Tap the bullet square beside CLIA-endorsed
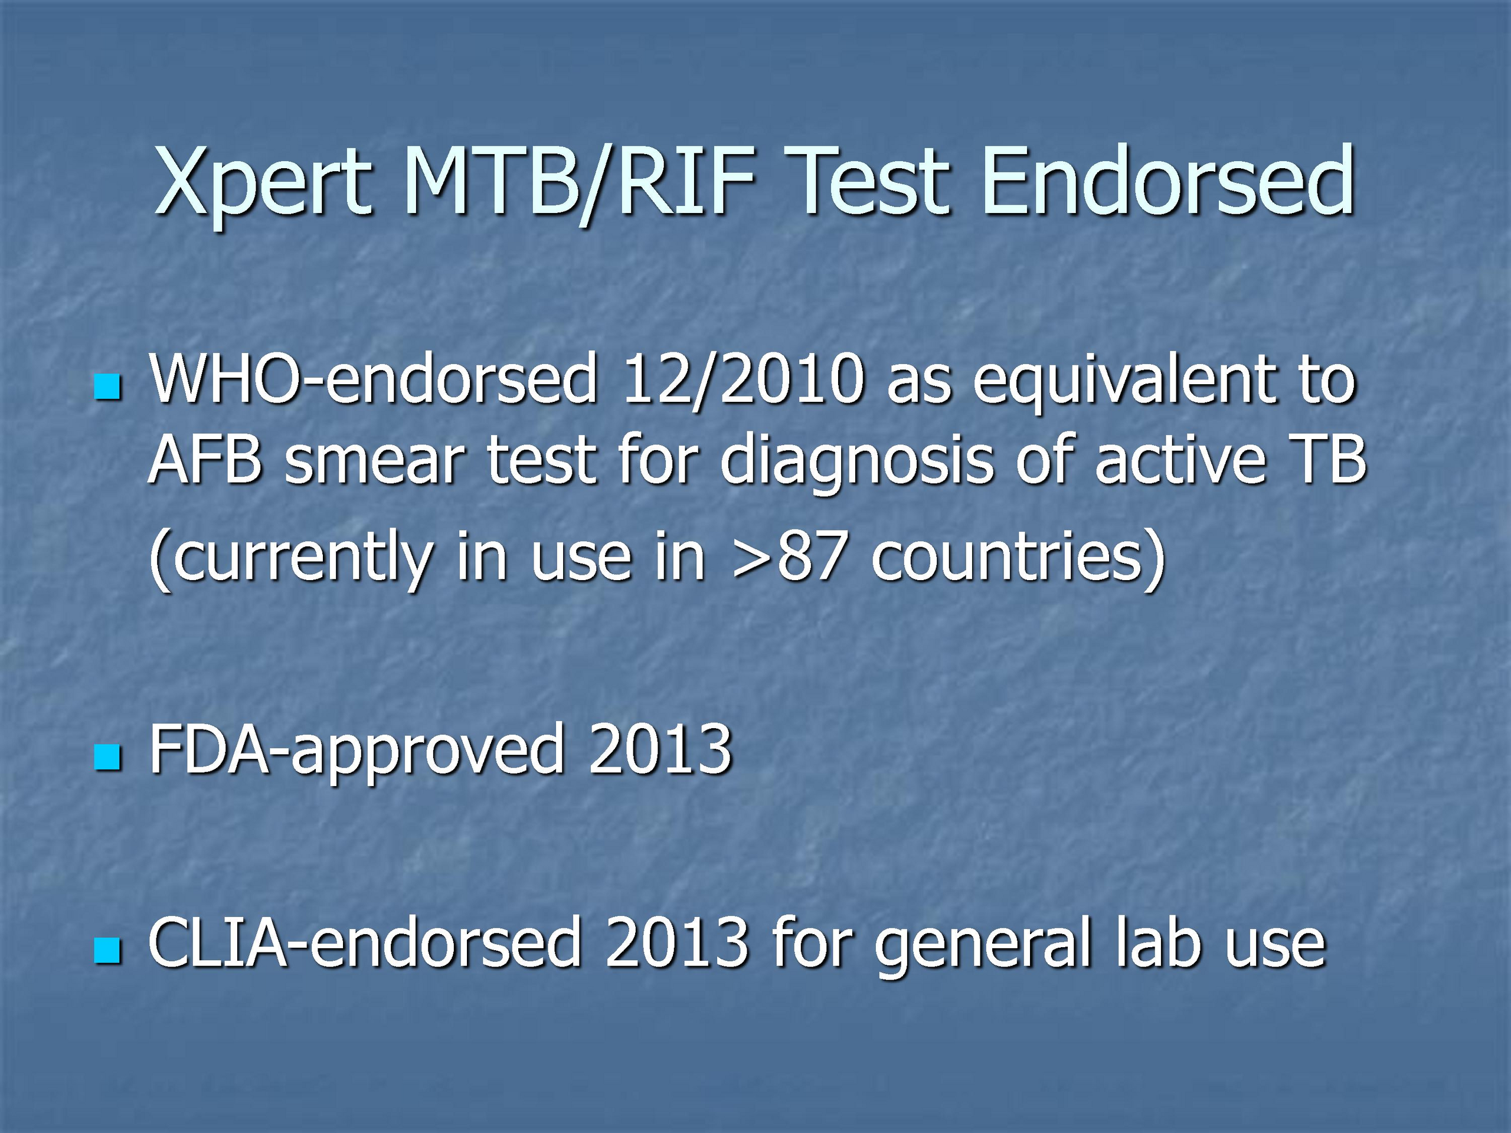tap(108, 950)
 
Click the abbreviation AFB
tap(205, 461)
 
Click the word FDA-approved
tap(357, 751)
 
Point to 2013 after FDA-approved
tap(660, 749)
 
